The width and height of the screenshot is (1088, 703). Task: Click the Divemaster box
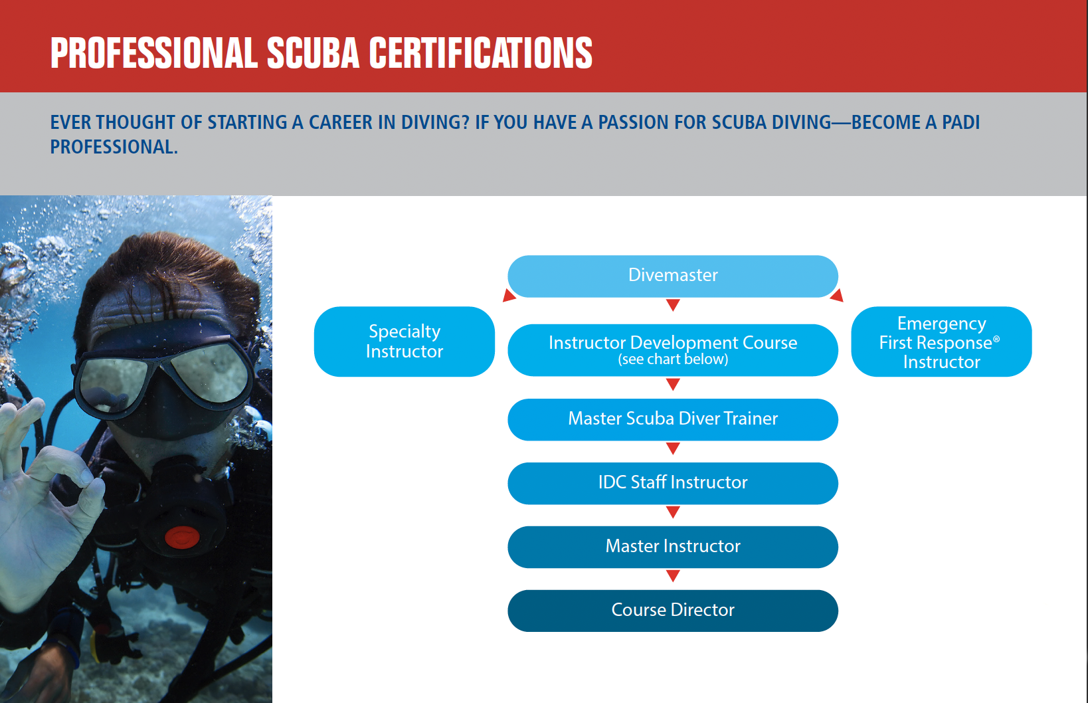[672, 276]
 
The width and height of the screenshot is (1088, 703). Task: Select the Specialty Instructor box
[404, 342]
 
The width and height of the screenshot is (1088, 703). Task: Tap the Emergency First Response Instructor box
[941, 342]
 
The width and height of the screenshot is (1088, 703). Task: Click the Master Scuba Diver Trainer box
[672, 419]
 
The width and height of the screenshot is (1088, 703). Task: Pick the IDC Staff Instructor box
[672, 483]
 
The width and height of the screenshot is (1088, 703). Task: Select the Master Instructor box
[672, 547]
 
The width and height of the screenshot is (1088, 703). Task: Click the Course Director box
[672, 611]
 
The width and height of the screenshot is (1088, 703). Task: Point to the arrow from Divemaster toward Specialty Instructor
[509, 296]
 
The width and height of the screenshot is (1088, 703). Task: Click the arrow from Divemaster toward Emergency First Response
[837, 296]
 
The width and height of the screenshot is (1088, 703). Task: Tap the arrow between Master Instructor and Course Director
[673, 575]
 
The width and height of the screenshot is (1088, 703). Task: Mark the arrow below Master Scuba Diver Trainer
[673, 449]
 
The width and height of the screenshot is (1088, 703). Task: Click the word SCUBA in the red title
[312, 53]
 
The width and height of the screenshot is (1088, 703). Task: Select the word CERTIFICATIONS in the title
[480, 53]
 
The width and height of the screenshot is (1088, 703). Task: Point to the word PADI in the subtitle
[960, 123]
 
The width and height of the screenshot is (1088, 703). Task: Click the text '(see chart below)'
[673, 359]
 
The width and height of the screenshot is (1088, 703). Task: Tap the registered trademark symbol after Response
[996, 340]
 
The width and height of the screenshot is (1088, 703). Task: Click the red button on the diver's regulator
[181, 537]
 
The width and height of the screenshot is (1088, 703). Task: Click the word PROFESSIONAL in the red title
[153, 53]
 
